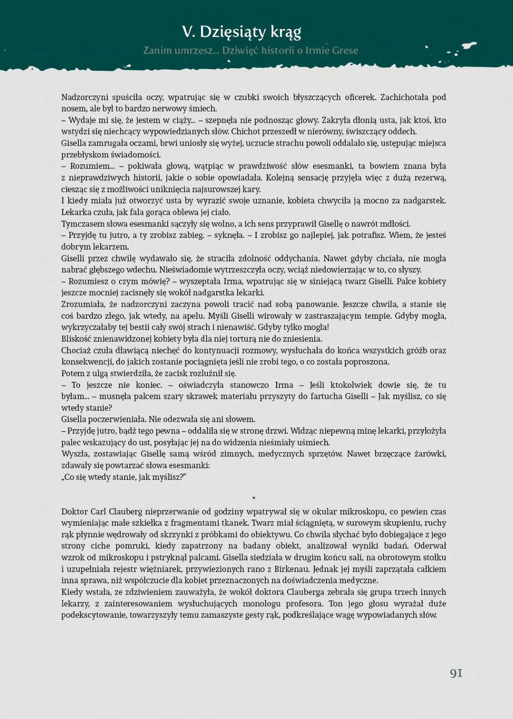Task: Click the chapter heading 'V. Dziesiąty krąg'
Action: (x=242, y=32)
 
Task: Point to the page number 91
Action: (x=456, y=673)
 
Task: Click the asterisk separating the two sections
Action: (x=254, y=498)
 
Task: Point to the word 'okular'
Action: (x=324, y=511)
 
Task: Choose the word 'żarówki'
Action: (x=430, y=454)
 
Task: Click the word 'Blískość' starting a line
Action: (x=77, y=339)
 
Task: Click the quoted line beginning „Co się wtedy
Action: (x=124, y=477)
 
